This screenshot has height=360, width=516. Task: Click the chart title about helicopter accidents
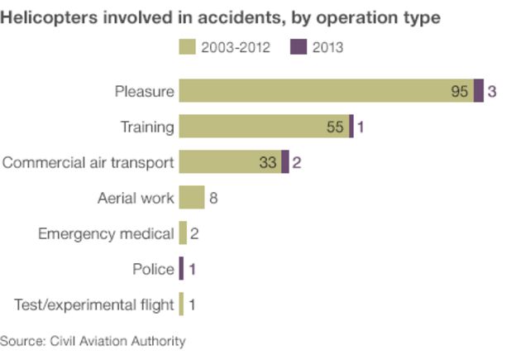220,17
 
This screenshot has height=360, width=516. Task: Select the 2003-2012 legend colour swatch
186,47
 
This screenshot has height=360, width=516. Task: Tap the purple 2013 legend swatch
298,47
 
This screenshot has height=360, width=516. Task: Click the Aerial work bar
191,198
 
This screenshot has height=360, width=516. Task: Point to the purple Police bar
181,269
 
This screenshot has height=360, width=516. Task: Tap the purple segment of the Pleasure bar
479,91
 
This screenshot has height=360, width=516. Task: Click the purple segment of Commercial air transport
285,162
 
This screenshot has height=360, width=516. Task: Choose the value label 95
460,92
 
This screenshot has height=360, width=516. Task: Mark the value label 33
268,163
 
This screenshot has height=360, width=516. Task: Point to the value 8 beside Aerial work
213,199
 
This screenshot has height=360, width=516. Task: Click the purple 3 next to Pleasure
492,92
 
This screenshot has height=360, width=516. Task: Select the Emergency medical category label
106,233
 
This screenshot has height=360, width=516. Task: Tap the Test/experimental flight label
94,305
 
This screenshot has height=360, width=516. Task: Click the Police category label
153,269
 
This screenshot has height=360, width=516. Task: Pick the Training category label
147,127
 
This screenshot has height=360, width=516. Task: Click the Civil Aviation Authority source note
93,340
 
